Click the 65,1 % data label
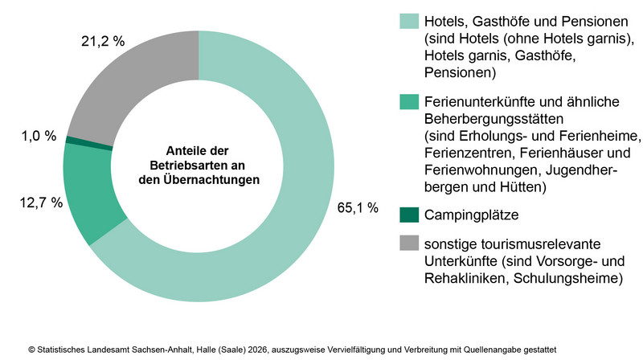pos(358,209)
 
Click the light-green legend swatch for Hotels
pos(409,21)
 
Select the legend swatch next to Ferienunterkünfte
pos(409,101)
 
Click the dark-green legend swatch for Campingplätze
pos(409,215)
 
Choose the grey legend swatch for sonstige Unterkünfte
pos(409,243)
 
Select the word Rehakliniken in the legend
pos(461,278)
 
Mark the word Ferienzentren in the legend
pos(462,152)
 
